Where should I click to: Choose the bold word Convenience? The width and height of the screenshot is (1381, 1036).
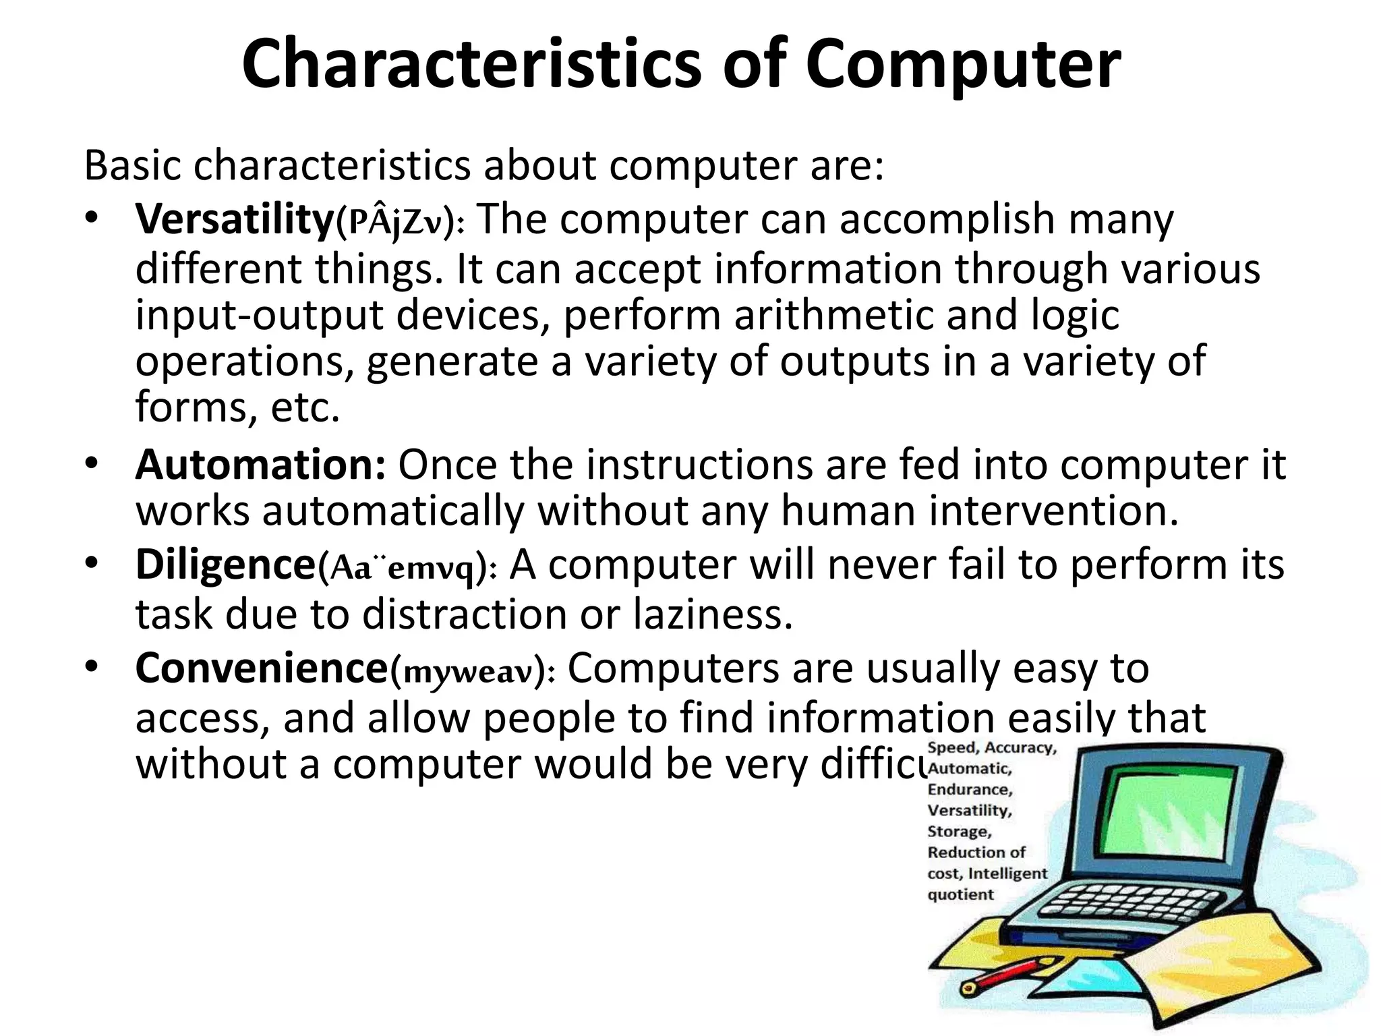(261, 668)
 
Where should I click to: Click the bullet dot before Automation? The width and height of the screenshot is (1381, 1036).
(92, 465)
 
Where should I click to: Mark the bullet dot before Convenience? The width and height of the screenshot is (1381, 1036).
(92, 666)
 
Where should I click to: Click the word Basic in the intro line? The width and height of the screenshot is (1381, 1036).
(132, 165)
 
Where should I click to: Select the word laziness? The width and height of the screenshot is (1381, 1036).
(713, 614)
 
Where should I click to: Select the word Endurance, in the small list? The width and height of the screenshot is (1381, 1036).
(970, 789)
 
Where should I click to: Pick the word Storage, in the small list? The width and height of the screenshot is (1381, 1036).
(960, 832)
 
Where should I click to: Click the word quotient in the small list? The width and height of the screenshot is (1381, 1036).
(960, 895)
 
